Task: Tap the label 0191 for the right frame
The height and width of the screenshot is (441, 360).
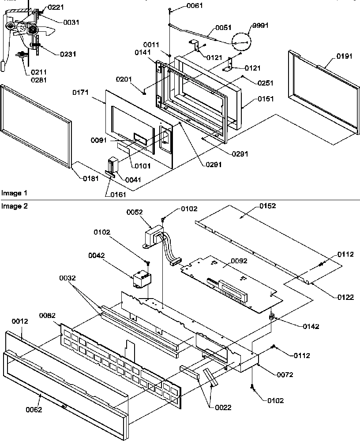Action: coord(333,56)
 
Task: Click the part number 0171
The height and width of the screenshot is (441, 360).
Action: coord(81,93)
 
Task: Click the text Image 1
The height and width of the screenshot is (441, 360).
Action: coord(14,193)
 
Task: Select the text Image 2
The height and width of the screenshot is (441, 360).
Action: coord(14,206)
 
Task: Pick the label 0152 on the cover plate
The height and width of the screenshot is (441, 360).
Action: coord(255,206)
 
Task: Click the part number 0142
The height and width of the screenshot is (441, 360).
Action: coord(311,327)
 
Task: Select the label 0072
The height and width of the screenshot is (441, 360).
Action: coord(285,374)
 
